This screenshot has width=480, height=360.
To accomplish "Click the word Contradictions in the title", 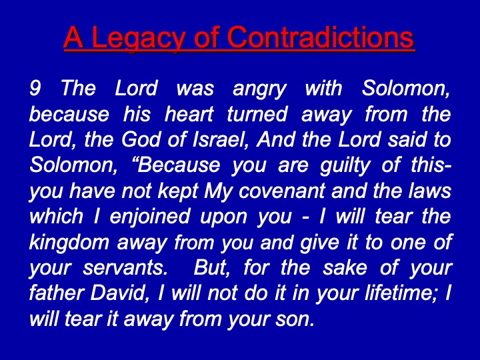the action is [x=321, y=37].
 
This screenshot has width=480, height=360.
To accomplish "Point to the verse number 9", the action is [x=35, y=88].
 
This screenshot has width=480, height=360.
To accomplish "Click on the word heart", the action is [x=189, y=114].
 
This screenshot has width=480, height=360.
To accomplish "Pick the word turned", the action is [x=257, y=114].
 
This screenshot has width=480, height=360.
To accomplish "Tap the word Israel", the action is [x=220, y=139].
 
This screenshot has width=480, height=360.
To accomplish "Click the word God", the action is [x=141, y=139].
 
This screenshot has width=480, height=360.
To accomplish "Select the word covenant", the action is [x=281, y=191].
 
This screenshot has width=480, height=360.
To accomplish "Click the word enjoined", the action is [x=150, y=217].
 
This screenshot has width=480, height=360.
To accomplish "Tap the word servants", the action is [x=125, y=268].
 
